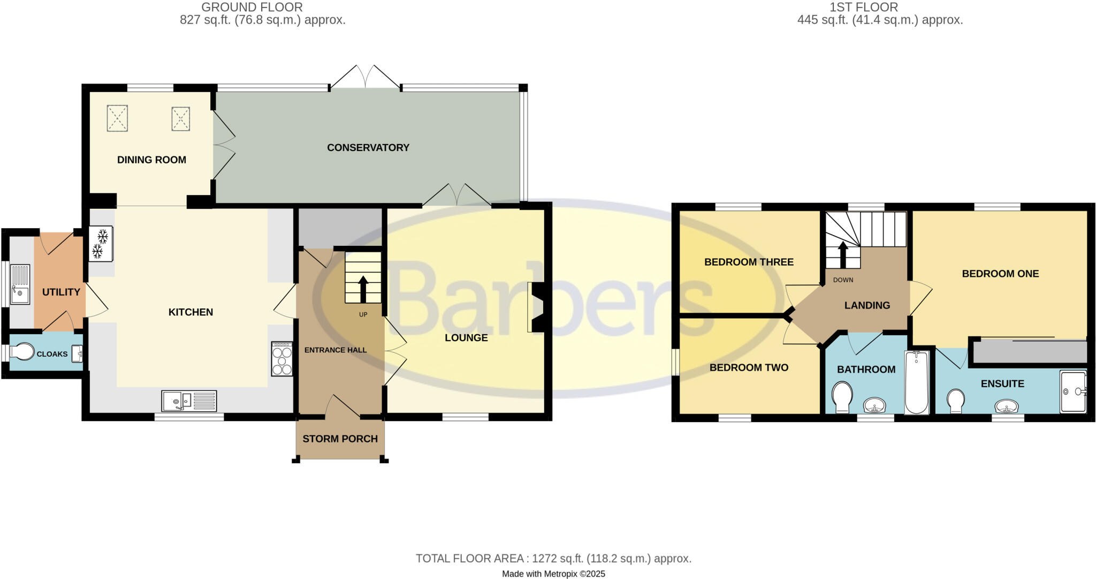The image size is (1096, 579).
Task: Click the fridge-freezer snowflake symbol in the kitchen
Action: pyautogui.click(x=100, y=243)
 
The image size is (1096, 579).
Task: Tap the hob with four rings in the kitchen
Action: pyautogui.click(x=282, y=359)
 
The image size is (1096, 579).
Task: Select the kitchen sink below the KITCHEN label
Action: pyautogui.click(x=189, y=401)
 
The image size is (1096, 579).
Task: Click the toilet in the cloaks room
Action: pyautogui.click(x=22, y=352)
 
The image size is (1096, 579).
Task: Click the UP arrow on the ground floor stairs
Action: pyautogui.click(x=363, y=289)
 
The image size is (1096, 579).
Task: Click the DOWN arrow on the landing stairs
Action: pyautogui.click(x=843, y=254)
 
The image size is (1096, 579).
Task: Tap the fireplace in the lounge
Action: pyautogui.click(x=536, y=307)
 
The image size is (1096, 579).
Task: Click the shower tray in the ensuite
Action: pyautogui.click(x=1073, y=392)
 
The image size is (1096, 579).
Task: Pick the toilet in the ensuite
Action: pyautogui.click(x=955, y=401)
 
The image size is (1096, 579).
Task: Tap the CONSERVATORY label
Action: pyautogui.click(x=368, y=148)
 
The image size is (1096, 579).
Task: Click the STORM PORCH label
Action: pyautogui.click(x=340, y=439)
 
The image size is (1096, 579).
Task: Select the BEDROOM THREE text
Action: pyautogui.click(x=749, y=262)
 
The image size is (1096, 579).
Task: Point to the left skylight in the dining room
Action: pyautogui.click(x=117, y=118)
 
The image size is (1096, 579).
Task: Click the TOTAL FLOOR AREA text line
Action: pyautogui.click(x=553, y=559)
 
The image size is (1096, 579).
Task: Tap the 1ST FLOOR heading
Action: pyautogui.click(x=864, y=7)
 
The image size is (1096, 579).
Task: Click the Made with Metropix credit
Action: pyautogui.click(x=553, y=574)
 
